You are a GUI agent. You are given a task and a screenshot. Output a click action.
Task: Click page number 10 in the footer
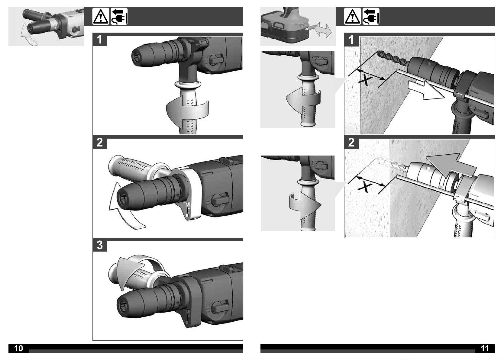click(x=18, y=348)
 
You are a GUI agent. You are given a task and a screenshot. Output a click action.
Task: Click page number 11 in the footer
click(x=485, y=349)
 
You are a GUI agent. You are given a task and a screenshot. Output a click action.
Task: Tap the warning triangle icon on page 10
click(x=101, y=16)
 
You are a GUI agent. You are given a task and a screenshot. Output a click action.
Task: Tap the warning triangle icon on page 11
click(x=352, y=16)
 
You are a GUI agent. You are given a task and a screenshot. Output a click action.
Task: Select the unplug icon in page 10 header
click(x=119, y=16)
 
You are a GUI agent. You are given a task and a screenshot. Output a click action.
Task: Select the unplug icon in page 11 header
click(x=371, y=16)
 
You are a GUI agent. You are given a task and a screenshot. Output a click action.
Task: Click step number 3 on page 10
click(x=100, y=245)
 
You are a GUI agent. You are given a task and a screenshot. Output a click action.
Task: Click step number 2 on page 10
click(x=100, y=142)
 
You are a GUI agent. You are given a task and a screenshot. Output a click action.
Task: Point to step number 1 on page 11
click(x=351, y=40)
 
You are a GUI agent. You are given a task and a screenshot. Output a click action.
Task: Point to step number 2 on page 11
click(x=351, y=142)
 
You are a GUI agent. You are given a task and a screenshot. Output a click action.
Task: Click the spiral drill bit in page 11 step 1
click(x=393, y=58)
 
